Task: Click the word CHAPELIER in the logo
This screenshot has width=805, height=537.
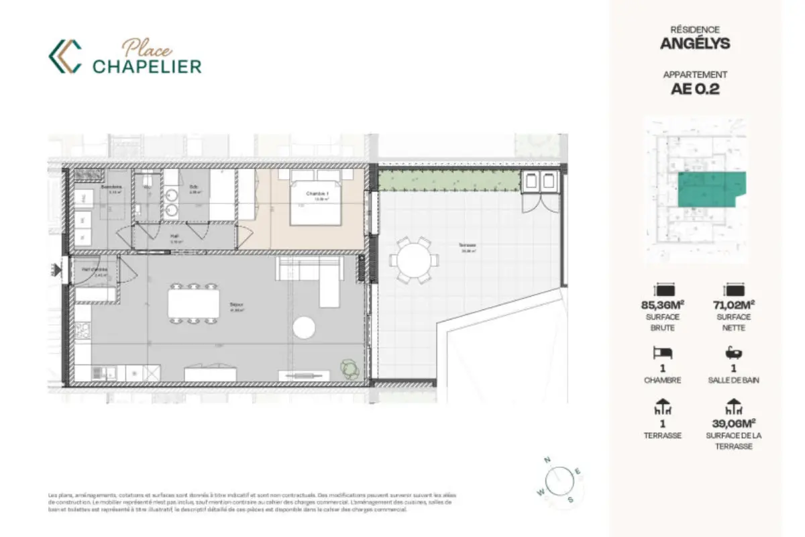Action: pos(147,66)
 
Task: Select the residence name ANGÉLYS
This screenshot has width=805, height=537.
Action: pos(695,44)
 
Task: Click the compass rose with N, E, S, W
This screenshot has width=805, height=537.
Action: pos(558,481)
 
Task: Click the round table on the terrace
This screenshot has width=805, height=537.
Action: pos(411,260)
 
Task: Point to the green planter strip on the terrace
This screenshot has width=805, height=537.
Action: pos(449,181)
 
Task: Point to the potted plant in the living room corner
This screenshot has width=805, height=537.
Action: pos(350,368)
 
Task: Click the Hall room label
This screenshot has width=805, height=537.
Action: pos(174,236)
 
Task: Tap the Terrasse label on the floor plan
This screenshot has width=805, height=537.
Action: pos(468,246)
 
